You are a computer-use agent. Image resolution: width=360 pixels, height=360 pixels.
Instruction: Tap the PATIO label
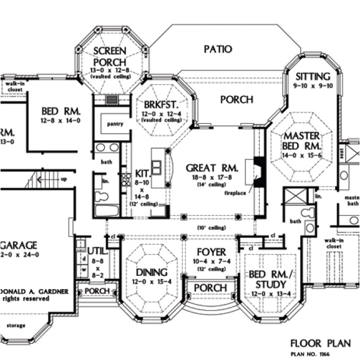coord(218,49)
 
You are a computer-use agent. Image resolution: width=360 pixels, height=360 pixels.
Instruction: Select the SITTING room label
coord(313,76)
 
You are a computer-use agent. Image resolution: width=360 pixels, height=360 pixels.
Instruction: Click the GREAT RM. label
coord(212,168)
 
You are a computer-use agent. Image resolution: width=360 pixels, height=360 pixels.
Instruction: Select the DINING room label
coord(152,272)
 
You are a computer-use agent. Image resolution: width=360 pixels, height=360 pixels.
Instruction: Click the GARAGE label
coord(19,245)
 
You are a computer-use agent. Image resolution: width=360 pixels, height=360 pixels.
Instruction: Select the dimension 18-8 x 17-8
coord(212,178)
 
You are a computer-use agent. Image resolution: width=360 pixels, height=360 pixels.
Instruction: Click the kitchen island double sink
coord(157,167)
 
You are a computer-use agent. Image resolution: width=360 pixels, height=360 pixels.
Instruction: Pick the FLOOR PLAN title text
coord(320,343)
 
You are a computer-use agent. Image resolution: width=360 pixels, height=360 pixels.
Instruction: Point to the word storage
coord(14,325)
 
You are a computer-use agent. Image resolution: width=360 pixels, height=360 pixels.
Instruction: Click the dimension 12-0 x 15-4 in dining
coord(152,282)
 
